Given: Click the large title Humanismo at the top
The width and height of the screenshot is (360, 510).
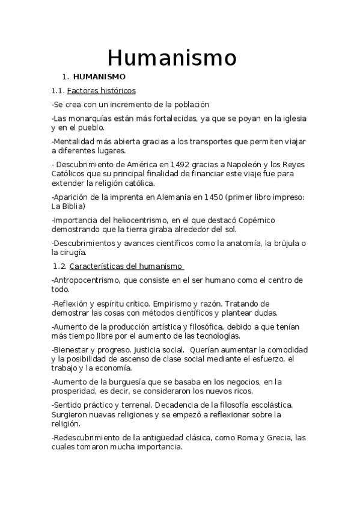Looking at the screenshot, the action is coord(172,58).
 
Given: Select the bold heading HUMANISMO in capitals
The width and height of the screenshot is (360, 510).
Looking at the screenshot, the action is coord(99,77).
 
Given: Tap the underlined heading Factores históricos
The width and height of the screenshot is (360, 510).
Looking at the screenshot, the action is coord(102,91).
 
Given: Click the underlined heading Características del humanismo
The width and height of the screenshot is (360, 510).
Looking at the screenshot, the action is coord(126,266).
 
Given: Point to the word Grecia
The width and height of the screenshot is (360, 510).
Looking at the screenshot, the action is coord(280,437).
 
